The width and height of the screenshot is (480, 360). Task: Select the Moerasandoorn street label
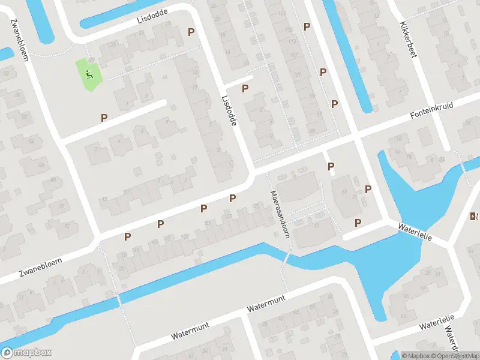pos(280,215)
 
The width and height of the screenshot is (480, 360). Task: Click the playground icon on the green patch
pos(89,75)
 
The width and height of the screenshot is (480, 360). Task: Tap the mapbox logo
pos(26,353)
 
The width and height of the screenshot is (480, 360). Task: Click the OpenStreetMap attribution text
pos(455,356)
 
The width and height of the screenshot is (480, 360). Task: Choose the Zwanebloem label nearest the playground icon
pos(19,39)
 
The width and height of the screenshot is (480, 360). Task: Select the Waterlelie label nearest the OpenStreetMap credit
pos(437,322)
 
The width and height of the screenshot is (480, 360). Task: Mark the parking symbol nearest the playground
pos(104,118)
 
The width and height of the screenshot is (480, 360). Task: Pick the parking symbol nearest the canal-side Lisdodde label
pos(191,32)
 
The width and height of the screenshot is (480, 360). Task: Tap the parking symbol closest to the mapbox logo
pos(127,236)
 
